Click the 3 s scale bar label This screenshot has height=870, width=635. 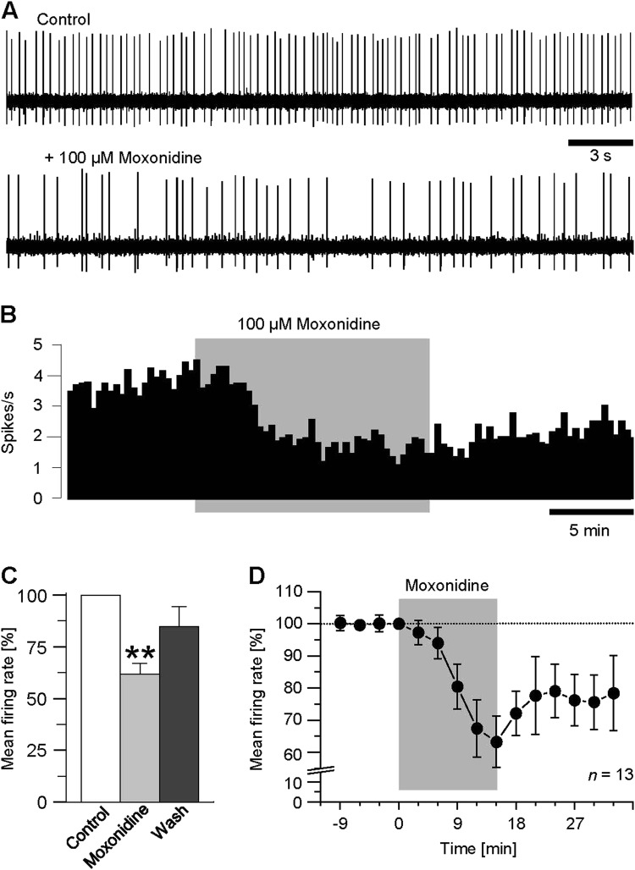click(x=600, y=158)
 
